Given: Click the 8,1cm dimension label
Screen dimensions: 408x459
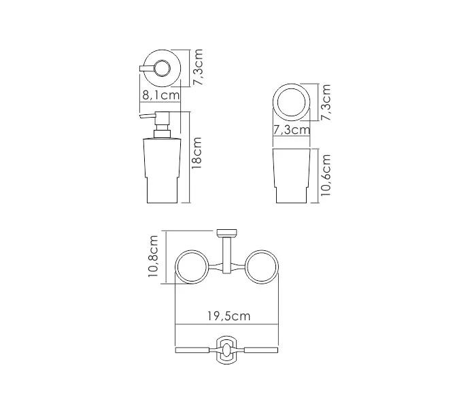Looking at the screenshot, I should click(x=161, y=95).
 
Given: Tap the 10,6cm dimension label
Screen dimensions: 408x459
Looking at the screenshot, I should click(x=326, y=175).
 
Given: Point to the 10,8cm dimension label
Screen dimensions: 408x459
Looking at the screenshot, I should click(x=154, y=257).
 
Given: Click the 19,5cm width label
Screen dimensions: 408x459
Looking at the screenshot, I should click(x=227, y=316).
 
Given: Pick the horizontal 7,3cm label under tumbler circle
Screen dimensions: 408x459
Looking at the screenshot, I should click(x=291, y=129).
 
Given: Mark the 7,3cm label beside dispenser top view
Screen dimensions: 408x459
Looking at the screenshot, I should click(x=198, y=66).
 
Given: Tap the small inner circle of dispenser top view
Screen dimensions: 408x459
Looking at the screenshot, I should click(x=164, y=68).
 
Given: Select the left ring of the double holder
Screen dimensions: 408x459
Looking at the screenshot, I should click(x=192, y=267).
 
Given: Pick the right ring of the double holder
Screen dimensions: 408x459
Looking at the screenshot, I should click(x=263, y=267).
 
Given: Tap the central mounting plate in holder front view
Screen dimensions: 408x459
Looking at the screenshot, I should click(x=227, y=351).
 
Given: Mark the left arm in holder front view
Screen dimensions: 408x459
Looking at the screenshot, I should click(x=195, y=351).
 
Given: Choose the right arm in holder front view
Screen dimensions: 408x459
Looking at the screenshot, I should click(x=260, y=351).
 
